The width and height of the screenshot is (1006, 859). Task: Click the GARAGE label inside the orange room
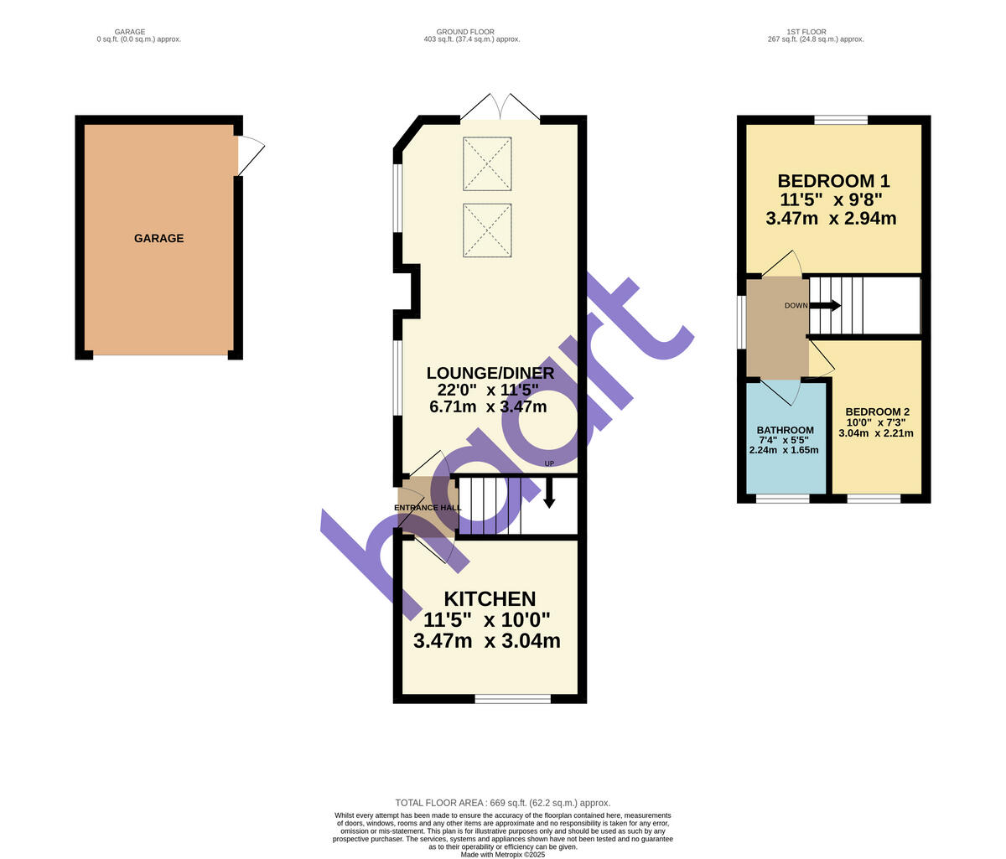point(158,239)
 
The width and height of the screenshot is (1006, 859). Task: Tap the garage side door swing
point(250,156)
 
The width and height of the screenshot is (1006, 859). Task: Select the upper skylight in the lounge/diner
point(487,163)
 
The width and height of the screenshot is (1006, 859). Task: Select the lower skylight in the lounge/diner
point(487,230)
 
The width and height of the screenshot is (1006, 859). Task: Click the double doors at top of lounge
point(500,108)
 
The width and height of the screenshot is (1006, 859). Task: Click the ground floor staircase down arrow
point(549,492)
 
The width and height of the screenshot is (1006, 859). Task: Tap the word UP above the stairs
point(549,463)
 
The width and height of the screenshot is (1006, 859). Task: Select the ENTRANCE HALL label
point(428,508)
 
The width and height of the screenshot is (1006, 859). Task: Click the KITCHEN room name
point(490,599)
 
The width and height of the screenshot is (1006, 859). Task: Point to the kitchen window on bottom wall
point(512,698)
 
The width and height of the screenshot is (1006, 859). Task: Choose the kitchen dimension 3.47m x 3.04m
point(487,641)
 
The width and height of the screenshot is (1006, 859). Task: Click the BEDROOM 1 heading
point(833,181)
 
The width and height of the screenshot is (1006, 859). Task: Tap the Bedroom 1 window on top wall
point(841,120)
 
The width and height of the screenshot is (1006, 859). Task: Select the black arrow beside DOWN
point(825,306)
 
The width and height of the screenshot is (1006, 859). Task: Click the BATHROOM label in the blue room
point(785,431)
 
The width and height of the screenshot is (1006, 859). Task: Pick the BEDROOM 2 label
point(877,412)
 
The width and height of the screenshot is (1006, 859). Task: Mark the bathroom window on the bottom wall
point(783,499)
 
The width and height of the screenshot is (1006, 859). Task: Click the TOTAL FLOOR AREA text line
point(503,803)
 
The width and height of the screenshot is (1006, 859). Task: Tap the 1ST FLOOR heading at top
point(805,32)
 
